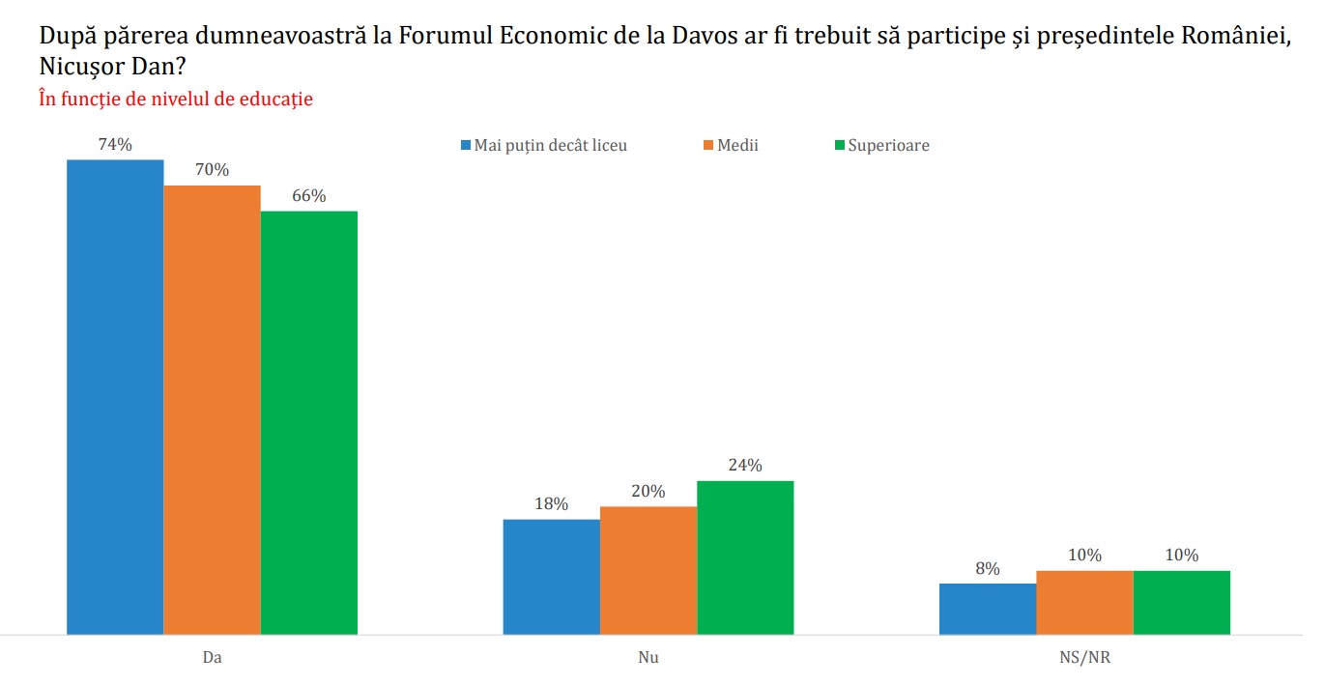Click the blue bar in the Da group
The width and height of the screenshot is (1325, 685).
click(115, 396)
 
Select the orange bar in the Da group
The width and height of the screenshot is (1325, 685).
click(212, 410)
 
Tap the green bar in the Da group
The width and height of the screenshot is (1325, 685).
click(309, 422)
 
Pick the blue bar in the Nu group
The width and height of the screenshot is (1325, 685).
click(552, 577)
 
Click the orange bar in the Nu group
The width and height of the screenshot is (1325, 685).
click(648, 570)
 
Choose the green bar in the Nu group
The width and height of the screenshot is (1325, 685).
click(745, 557)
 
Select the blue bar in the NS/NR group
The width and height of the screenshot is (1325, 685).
click(988, 609)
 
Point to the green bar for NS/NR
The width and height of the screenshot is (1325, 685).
click(1182, 602)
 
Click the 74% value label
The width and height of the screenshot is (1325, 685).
click(115, 144)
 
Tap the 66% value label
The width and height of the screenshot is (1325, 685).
click(309, 196)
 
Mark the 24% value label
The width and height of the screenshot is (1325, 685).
click(745, 466)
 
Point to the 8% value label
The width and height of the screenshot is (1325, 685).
click(987, 568)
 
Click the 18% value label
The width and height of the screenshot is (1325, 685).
click(551, 504)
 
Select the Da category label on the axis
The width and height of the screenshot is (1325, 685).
click(212, 658)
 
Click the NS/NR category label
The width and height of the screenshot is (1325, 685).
click(1085, 658)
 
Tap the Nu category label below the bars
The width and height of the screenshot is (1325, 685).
click(648, 658)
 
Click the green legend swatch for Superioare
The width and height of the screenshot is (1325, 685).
click(839, 146)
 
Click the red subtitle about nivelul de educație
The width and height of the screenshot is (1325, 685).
click(176, 99)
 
